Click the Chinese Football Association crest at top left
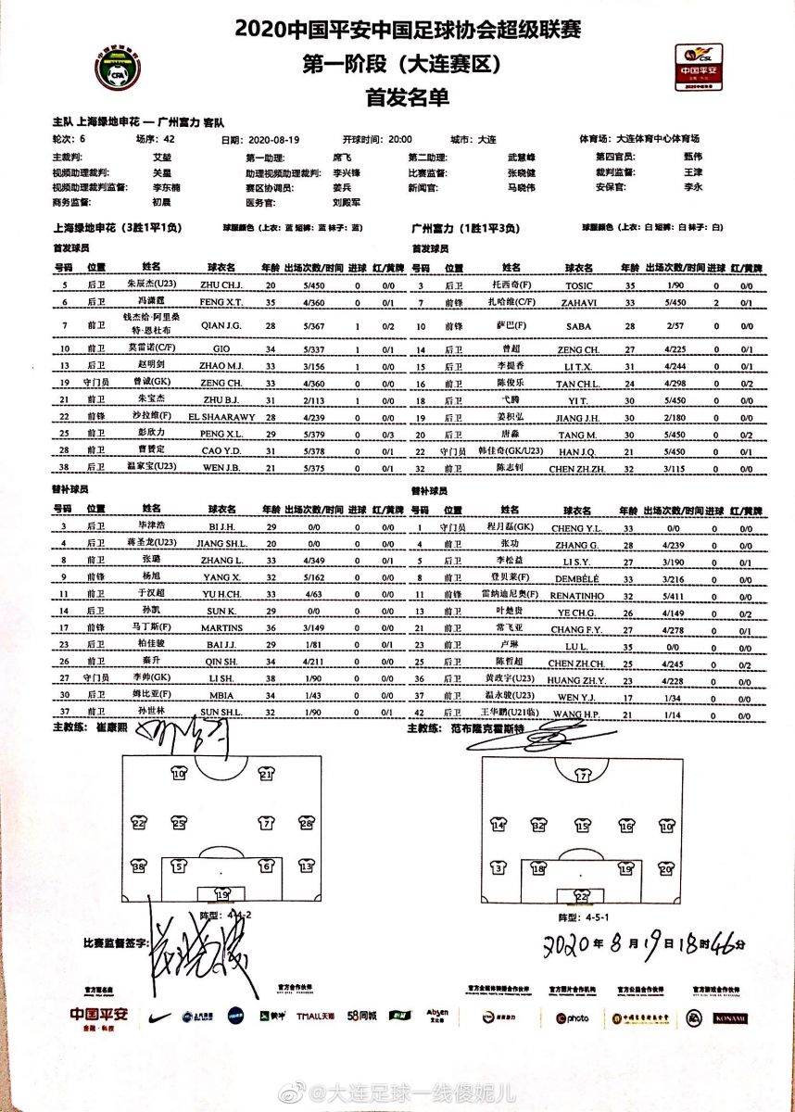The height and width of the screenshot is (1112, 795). pos(118,71)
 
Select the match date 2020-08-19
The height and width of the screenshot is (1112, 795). pos(271,139)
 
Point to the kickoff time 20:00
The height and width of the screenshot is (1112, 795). pos(400,139)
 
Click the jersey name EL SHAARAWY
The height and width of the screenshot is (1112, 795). pos(221,417)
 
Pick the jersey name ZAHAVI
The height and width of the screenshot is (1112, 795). pos(584,303)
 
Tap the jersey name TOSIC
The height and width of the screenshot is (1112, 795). pos(584,287)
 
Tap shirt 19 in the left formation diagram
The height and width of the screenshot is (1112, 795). pos(222,895)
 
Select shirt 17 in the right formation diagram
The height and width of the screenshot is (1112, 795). pos(583,777)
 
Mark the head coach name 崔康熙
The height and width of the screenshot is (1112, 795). pos(109,728)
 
